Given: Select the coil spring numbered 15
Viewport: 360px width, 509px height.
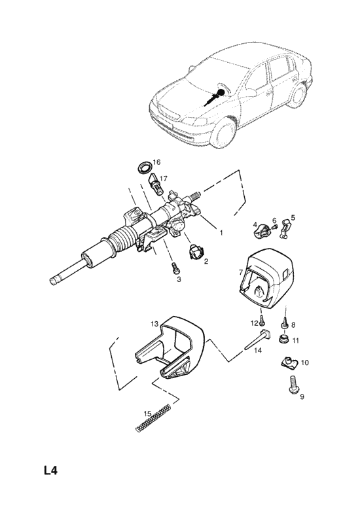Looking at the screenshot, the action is pos(153,417).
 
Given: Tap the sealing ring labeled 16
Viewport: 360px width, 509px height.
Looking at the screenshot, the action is pos(144,168).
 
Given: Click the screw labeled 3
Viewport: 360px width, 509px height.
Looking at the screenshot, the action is pos(176,268).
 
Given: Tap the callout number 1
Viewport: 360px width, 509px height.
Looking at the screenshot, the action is pos(221,233).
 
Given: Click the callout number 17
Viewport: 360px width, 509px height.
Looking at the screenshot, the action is pos(164,178).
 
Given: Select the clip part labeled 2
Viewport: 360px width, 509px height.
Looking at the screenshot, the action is pos(196,252).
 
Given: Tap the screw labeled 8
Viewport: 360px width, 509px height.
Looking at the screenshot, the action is pos(284,323).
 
